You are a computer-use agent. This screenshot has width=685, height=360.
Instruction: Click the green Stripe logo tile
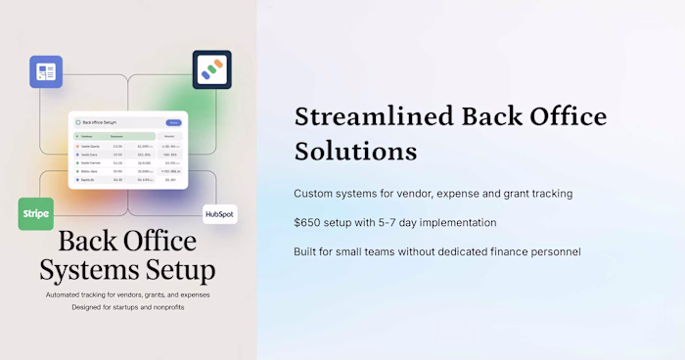pyautogui.click(x=35, y=214)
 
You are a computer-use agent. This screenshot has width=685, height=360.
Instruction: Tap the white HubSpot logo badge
pyautogui.click(x=219, y=214)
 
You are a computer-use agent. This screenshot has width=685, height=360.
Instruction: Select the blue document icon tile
pyautogui.click(x=45, y=72)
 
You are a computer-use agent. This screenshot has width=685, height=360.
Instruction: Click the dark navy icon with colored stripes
pyautogui.click(x=211, y=69)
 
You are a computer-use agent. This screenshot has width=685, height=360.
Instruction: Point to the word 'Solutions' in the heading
pyautogui.click(x=355, y=153)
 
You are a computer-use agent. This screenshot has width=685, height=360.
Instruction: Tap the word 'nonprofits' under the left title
pyautogui.click(x=161, y=307)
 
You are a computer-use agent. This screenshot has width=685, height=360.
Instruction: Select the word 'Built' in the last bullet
pyautogui.click(x=307, y=251)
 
